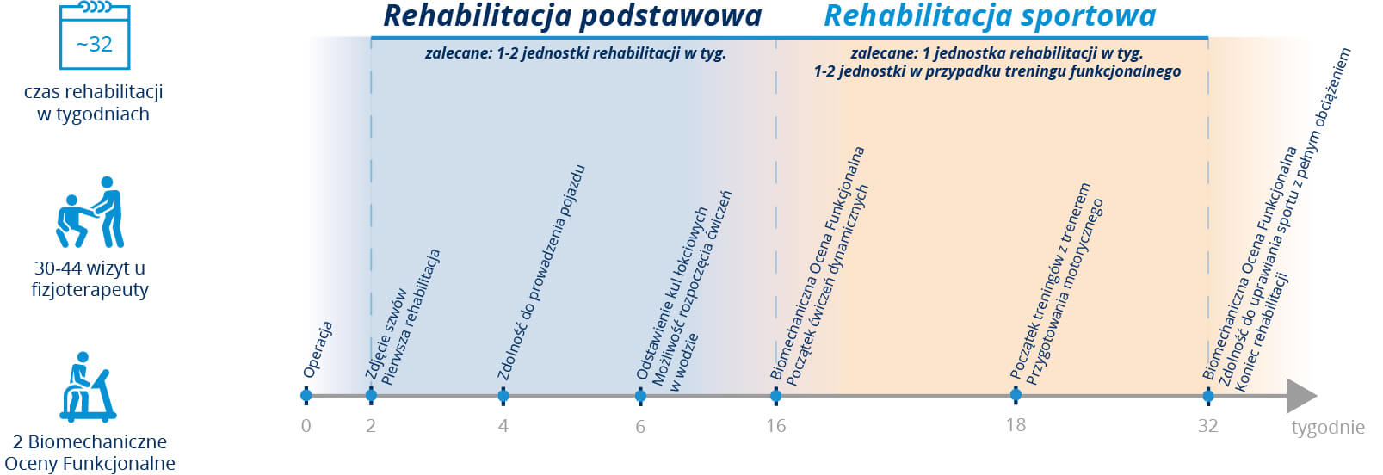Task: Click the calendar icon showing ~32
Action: point(95,35)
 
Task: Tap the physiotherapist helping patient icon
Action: point(90,212)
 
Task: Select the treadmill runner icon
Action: point(89,386)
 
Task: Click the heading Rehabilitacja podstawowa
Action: point(572,16)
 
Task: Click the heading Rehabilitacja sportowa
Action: point(990,16)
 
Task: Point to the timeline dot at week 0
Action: point(306,395)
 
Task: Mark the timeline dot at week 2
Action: point(370,395)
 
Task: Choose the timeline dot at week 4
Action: point(503,395)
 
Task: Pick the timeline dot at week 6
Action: point(640,395)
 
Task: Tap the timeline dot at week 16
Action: point(776,395)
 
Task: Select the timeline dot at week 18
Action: point(1016,394)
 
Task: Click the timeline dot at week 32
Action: point(1208,395)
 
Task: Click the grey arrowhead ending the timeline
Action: point(1300,396)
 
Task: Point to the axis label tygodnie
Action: point(1328,428)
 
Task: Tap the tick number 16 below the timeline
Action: point(776,426)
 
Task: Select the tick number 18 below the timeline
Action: point(1016,425)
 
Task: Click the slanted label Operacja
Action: point(318,349)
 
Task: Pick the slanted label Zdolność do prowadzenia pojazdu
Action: point(541,273)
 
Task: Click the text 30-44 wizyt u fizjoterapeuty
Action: point(90,279)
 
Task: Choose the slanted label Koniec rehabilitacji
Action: point(1262,331)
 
